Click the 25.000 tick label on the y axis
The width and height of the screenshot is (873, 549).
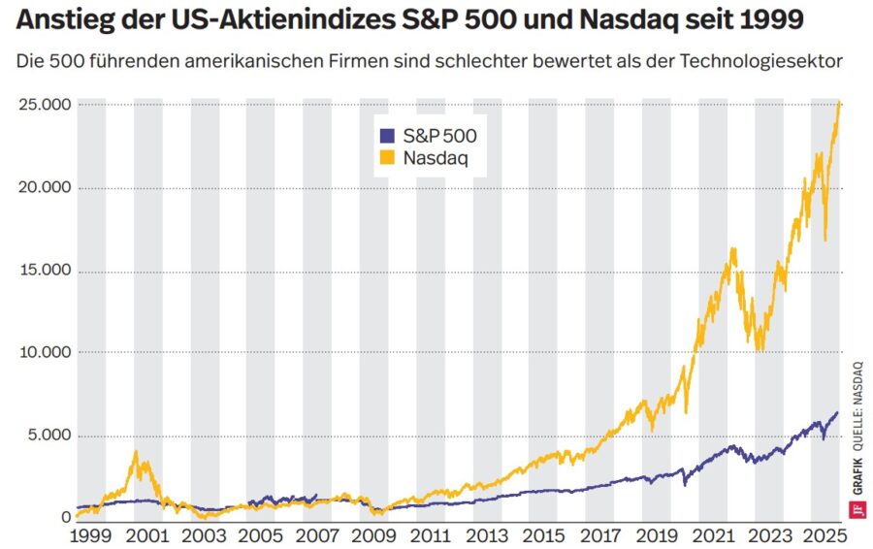pos(44,105)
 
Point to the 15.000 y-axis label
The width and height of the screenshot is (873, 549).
pos(44,270)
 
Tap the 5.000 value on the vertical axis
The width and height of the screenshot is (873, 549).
pos(48,436)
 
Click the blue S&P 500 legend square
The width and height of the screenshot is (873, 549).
pos(387,136)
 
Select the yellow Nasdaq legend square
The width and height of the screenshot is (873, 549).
pos(387,157)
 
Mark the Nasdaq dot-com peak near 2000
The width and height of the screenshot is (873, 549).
pos(137,451)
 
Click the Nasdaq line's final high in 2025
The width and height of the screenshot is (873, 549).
pos(839,101)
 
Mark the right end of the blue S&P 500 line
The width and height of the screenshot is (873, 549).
pos(838,412)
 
